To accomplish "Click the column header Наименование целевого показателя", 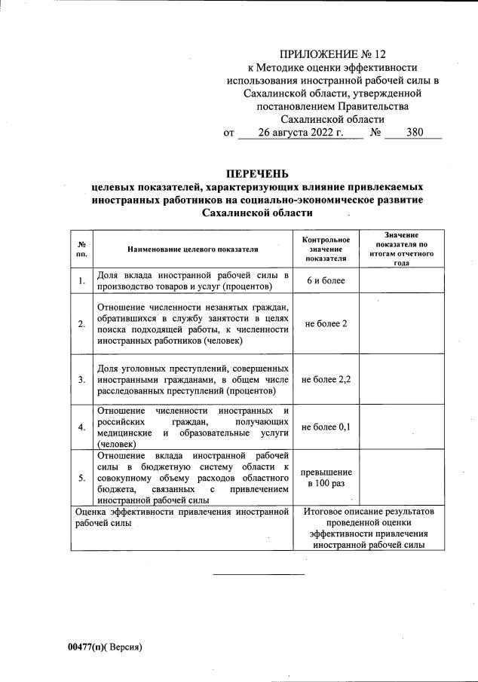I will (x=193, y=248).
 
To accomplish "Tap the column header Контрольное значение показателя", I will (x=326, y=248).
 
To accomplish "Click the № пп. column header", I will (x=81, y=248).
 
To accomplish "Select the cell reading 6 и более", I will (x=326, y=280).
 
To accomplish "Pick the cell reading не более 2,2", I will (x=326, y=379).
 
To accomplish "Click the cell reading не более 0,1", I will (x=326, y=427).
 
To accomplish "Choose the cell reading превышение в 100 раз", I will (x=326, y=477).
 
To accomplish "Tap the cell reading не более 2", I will (x=326, y=323).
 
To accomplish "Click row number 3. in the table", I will (x=81, y=379).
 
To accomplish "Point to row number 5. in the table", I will (x=81, y=477).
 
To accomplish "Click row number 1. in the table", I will (x=81, y=281).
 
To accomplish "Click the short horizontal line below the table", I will (x=259, y=575).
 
